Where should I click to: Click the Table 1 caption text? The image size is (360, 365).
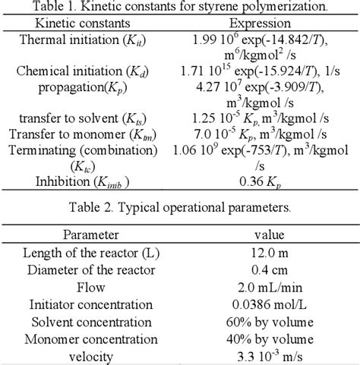(x=179, y=7)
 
